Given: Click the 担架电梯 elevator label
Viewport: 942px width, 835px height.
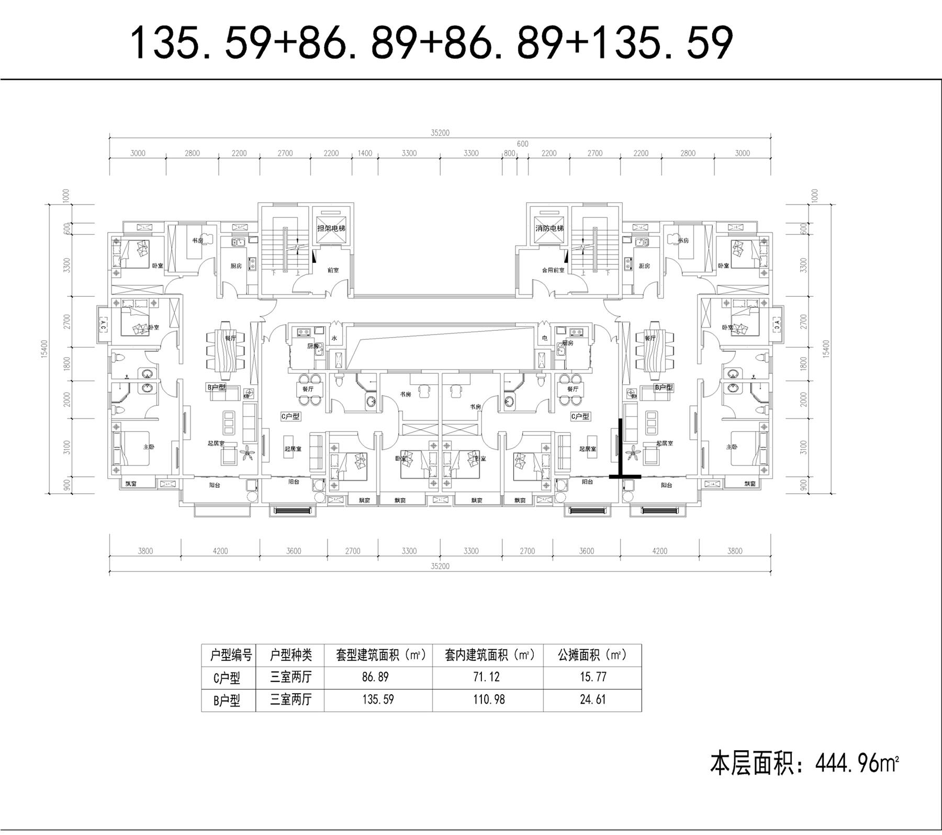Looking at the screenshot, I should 331,228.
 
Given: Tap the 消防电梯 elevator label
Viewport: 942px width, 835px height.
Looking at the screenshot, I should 549,228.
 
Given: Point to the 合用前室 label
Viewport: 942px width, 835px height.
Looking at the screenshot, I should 553,270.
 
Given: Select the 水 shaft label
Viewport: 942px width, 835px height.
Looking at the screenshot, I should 334,338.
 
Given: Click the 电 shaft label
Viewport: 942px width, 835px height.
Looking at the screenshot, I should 545,338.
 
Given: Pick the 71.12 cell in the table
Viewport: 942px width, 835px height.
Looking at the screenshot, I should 487,677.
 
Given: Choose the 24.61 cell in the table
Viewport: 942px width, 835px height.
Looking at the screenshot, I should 593,699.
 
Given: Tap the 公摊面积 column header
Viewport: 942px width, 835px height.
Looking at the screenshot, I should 592,654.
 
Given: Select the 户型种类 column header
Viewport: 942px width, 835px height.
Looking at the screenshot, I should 290,654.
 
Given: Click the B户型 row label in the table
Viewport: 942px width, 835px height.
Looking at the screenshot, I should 227,700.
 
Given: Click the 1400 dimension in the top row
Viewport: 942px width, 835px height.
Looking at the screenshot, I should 365,153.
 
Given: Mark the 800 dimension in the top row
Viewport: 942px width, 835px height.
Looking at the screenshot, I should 509,153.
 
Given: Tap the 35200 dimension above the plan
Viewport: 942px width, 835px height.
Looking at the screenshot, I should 440,133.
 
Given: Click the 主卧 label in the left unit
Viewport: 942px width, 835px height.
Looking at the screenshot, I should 149,447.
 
